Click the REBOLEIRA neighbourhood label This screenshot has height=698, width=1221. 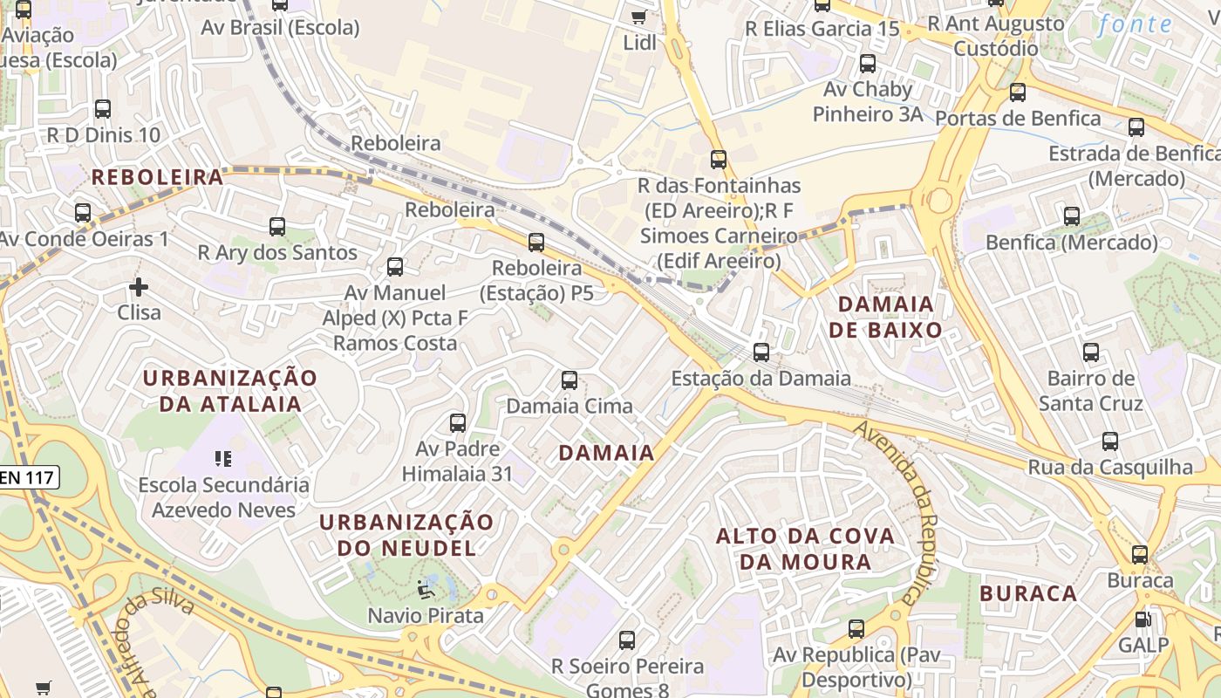pyautogui.click(x=157, y=177)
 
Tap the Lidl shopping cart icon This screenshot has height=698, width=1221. pyautogui.click(x=638, y=17)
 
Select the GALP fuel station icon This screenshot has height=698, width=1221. pyautogui.click(x=1142, y=619)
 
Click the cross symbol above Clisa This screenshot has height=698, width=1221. pyautogui.click(x=138, y=286)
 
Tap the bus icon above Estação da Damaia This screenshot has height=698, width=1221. pyautogui.click(x=761, y=352)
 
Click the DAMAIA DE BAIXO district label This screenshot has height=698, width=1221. pyautogui.click(x=885, y=317)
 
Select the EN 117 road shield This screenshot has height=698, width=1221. pyautogui.click(x=28, y=477)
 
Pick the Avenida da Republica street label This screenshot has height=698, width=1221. pyautogui.click(x=899, y=510)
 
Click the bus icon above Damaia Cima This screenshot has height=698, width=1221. pyautogui.click(x=570, y=380)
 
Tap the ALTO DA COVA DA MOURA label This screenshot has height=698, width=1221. pyautogui.click(x=805, y=548)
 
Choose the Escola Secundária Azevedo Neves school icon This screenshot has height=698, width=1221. pyautogui.click(x=223, y=458)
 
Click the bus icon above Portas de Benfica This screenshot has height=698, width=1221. pyautogui.click(x=1017, y=92)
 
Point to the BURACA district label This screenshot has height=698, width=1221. pyautogui.click(x=1028, y=594)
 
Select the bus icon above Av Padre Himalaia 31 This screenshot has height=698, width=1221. pyautogui.click(x=458, y=423)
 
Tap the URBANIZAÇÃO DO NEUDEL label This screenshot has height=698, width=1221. pyautogui.click(x=406, y=535)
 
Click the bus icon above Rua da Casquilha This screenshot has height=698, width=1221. pyautogui.click(x=1109, y=441)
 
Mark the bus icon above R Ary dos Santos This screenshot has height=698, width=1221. pyautogui.click(x=277, y=227)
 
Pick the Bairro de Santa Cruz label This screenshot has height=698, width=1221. pyautogui.click(x=1090, y=391)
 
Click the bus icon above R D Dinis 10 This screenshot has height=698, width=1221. pyautogui.click(x=103, y=109)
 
